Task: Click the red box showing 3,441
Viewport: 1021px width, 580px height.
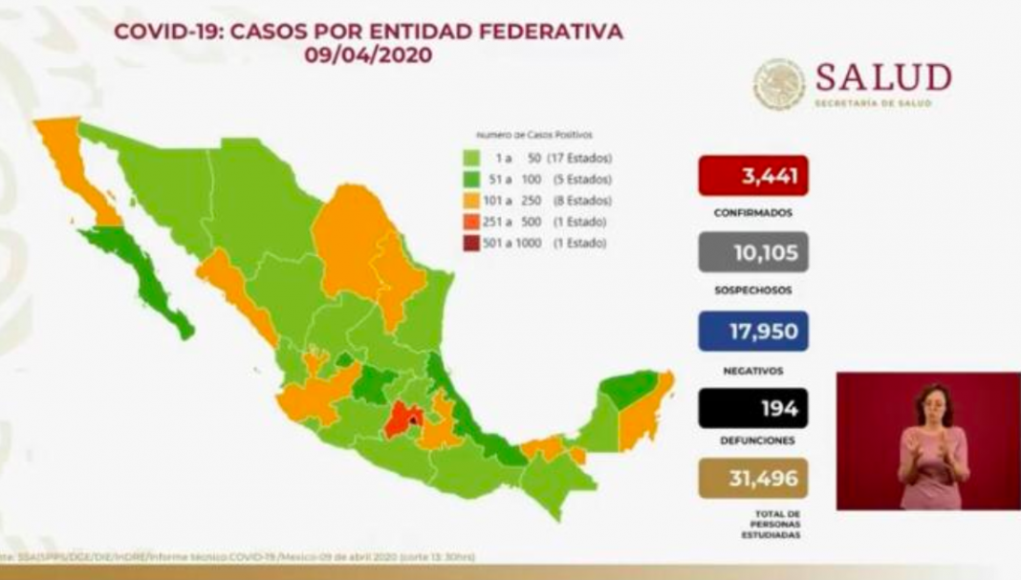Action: point(753,176)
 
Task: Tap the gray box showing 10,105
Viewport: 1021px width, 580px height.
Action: point(753,253)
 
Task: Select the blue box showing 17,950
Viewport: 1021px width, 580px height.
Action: point(753,332)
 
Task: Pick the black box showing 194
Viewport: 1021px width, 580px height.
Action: point(753,408)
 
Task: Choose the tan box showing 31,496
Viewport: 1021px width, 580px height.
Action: point(753,477)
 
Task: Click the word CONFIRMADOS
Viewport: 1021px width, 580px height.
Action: point(753,213)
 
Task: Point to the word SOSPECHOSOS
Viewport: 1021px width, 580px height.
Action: point(753,290)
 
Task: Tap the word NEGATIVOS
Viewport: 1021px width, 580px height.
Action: point(753,369)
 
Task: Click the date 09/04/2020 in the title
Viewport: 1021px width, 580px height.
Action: point(368,55)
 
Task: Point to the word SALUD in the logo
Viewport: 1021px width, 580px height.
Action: point(882,77)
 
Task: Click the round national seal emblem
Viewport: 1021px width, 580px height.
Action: point(779,84)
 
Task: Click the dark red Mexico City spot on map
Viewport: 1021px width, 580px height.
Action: point(412,417)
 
